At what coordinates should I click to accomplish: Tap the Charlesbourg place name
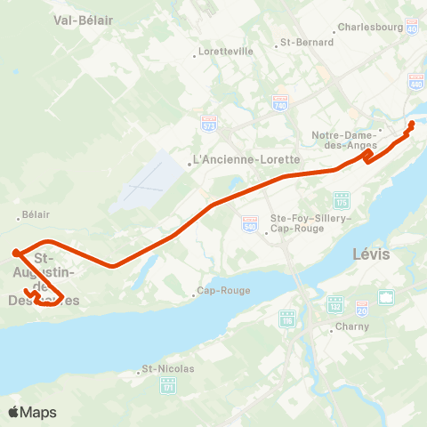pos(371,27)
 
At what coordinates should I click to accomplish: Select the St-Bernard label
pos(307,42)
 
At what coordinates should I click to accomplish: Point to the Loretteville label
pos(225,52)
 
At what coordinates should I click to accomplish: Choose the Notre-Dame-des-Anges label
pos(346,140)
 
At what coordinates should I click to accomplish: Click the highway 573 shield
pos(209,121)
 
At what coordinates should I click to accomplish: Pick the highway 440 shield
pos(415,82)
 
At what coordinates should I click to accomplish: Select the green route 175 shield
pos(342,198)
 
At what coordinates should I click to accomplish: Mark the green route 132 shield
pos(336,304)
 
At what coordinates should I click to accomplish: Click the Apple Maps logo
pos(32,412)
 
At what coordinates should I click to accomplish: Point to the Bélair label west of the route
pos(36,214)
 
